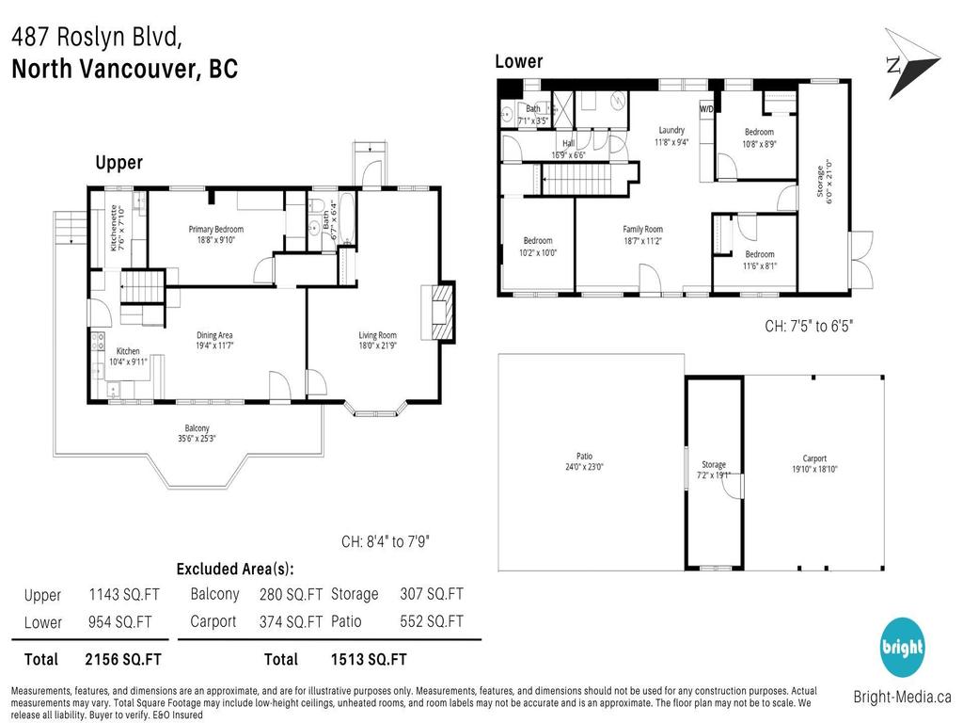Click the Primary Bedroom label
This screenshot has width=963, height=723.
[215, 230]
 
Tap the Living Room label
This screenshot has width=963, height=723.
[377, 335]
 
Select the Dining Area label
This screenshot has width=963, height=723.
[214, 335]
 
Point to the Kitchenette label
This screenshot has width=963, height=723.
[114, 228]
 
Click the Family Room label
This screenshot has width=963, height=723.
[642, 230]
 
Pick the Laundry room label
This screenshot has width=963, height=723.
[671, 131]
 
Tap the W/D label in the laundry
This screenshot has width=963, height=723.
[706, 109]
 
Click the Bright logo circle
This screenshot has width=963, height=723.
[902, 648]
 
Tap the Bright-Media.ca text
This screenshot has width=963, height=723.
[902, 698]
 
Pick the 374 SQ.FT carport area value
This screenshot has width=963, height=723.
[291, 622]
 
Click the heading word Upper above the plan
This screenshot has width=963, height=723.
[119, 163]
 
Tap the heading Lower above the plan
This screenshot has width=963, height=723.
[519, 62]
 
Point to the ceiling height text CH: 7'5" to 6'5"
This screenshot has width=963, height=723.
[808, 327]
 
